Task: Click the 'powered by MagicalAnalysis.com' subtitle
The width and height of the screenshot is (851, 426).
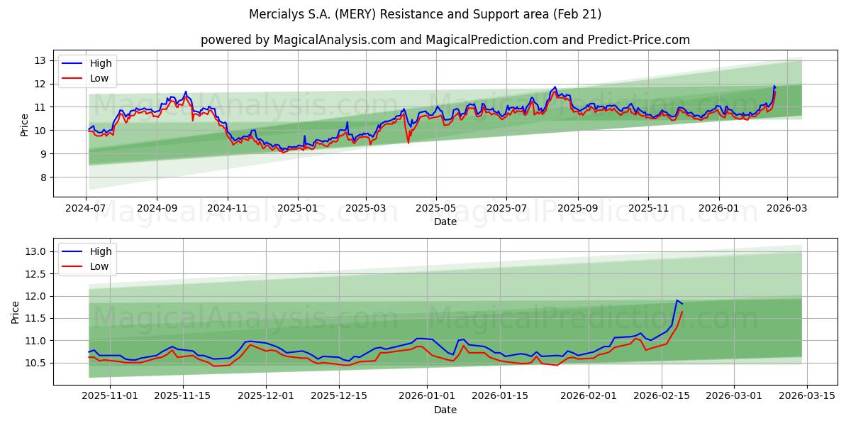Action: coord(445,40)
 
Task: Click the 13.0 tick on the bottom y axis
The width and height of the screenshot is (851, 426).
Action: coord(35,251)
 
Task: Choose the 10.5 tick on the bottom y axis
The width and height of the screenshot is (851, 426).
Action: coord(35,363)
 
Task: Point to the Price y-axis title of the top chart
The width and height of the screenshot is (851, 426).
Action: coord(25,125)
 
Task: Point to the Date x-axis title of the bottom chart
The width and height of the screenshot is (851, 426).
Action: coord(445,410)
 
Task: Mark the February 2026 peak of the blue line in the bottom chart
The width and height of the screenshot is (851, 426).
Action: coord(677,300)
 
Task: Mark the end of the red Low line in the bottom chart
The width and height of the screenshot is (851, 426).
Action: coord(682,312)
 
